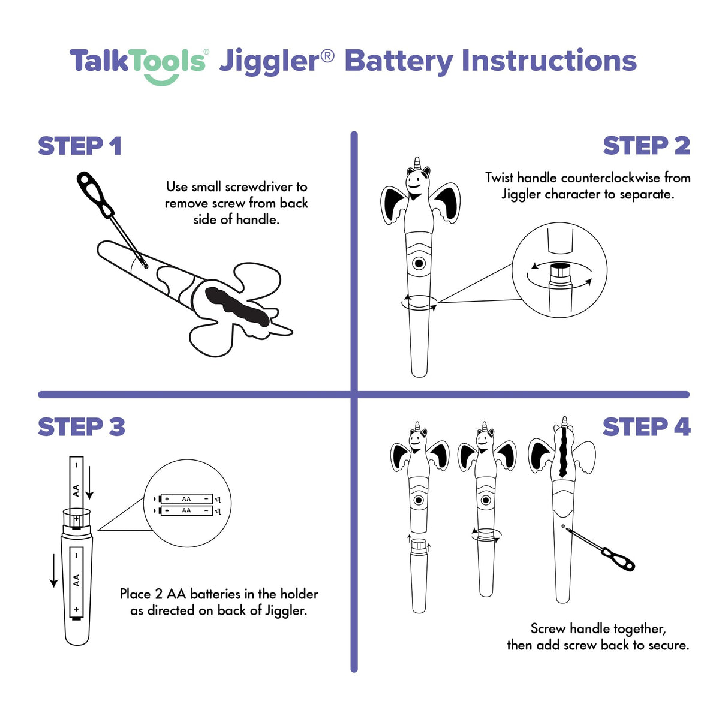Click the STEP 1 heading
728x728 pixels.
(80, 146)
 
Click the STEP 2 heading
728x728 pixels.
(646, 146)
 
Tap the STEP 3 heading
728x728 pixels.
(82, 427)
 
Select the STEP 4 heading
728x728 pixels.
(646, 427)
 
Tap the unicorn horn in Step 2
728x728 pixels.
(417, 163)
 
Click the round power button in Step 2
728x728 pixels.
(419, 263)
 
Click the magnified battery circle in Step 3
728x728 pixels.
(187, 504)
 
